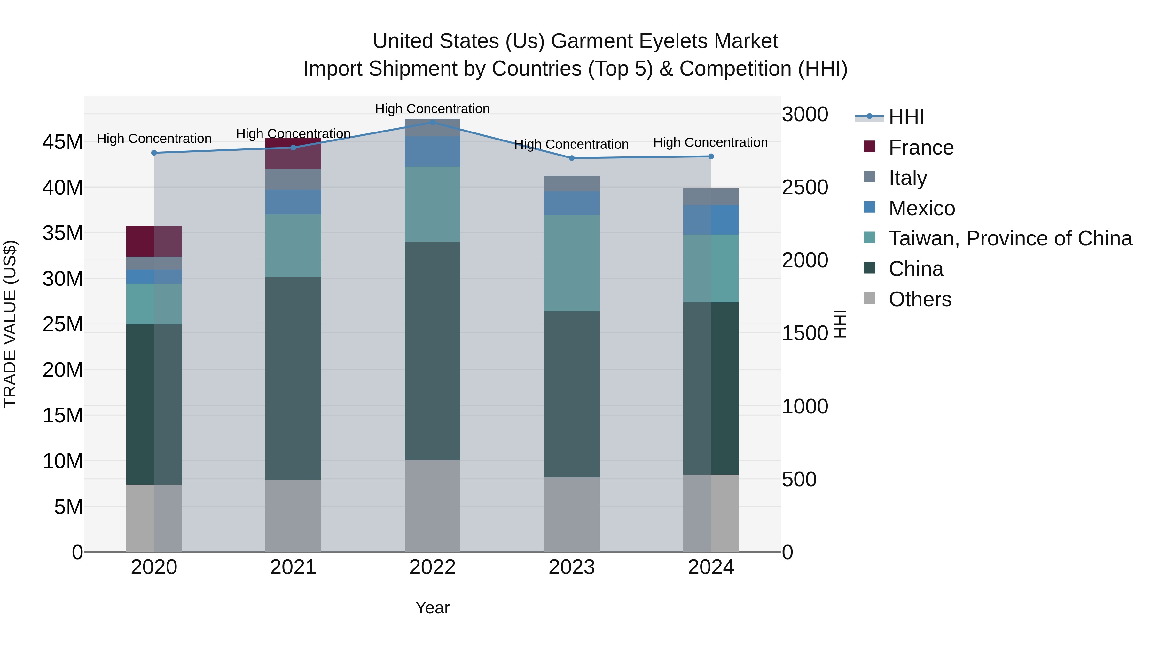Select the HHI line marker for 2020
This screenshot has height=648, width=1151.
click(x=154, y=153)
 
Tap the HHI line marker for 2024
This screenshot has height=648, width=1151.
click(x=711, y=156)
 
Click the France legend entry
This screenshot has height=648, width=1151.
click(x=920, y=148)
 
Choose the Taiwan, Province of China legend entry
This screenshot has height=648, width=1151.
click(x=1010, y=238)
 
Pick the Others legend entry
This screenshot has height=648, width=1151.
click(x=920, y=299)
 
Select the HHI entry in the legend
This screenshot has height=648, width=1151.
click(x=906, y=117)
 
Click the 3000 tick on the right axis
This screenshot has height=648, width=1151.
click(x=805, y=115)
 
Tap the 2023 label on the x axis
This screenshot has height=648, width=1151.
click(x=571, y=567)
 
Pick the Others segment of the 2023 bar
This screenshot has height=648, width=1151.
click(x=571, y=514)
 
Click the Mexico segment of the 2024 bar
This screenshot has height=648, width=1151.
click(x=711, y=220)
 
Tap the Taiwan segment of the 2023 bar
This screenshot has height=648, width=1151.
click(x=571, y=263)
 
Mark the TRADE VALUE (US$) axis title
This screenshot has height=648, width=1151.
click(x=10, y=324)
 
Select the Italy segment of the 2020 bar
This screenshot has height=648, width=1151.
click(x=154, y=263)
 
